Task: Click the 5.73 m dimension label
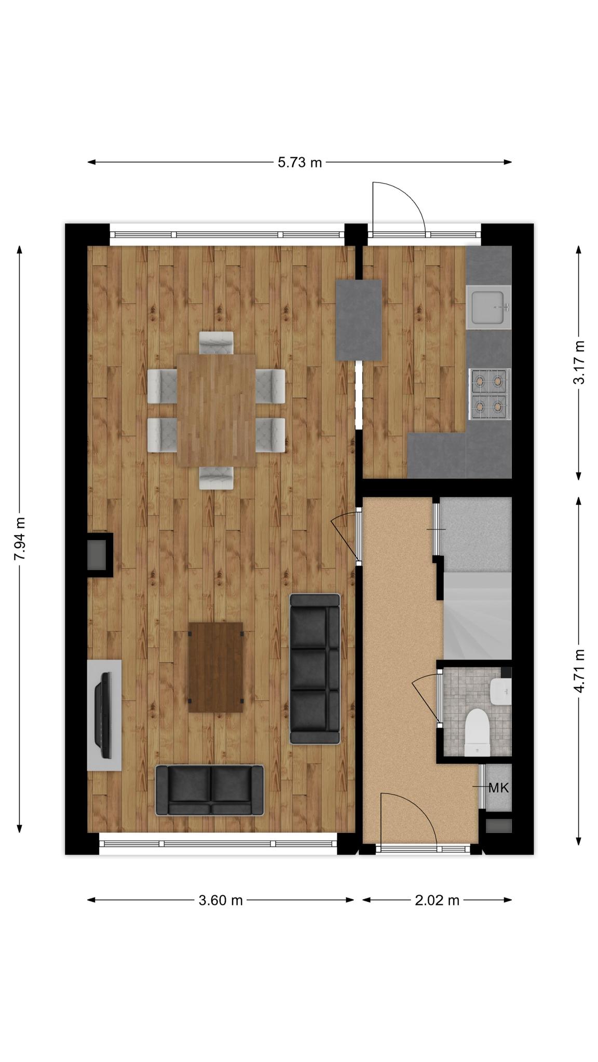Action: (x=300, y=162)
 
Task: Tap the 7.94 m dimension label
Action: (x=19, y=539)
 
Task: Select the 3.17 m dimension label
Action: (x=578, y=362)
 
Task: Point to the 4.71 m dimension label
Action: (x=578, y=670)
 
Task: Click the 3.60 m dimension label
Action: (x=221, y=900)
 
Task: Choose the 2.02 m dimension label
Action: (x=437, y=900)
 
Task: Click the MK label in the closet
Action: (x=498, y=788)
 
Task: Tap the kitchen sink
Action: (x=488, y=307)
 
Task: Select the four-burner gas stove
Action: (x=490, y=394)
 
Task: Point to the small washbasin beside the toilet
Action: (x=500, y=691)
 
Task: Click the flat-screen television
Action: (x=104, y=715)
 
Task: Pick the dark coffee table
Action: (x=215, y=667)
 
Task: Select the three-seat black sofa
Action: (x=315, y=669)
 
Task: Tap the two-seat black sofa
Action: (x=210, y=790)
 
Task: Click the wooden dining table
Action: (x=216, y=410)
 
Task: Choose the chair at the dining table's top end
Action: (x=216, y=343)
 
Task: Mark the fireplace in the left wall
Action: (x=99, y=554)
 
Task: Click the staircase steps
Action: (x=477, y=616)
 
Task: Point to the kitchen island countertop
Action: (x=359, y=320)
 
